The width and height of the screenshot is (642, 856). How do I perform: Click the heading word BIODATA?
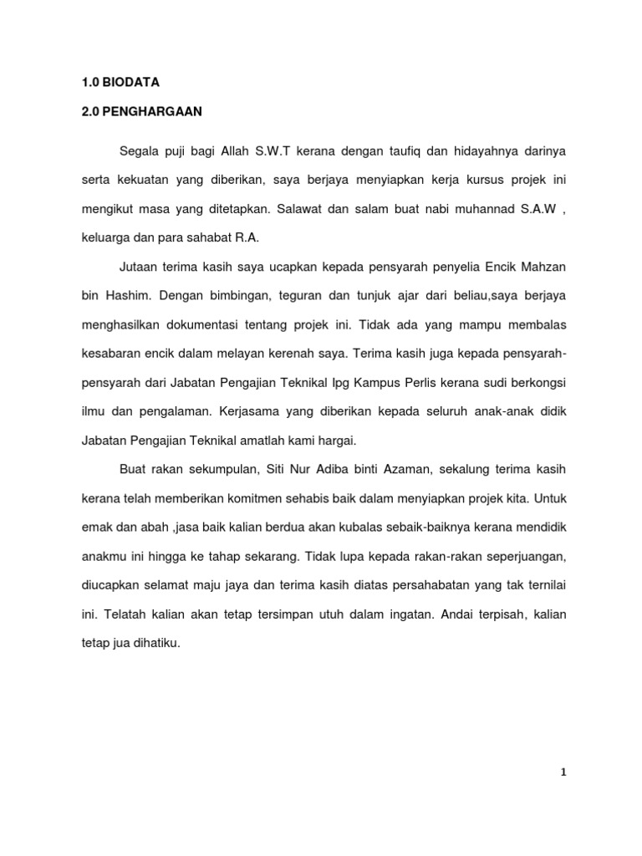[130, 83]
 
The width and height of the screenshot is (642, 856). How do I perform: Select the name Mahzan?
[543, 267]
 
